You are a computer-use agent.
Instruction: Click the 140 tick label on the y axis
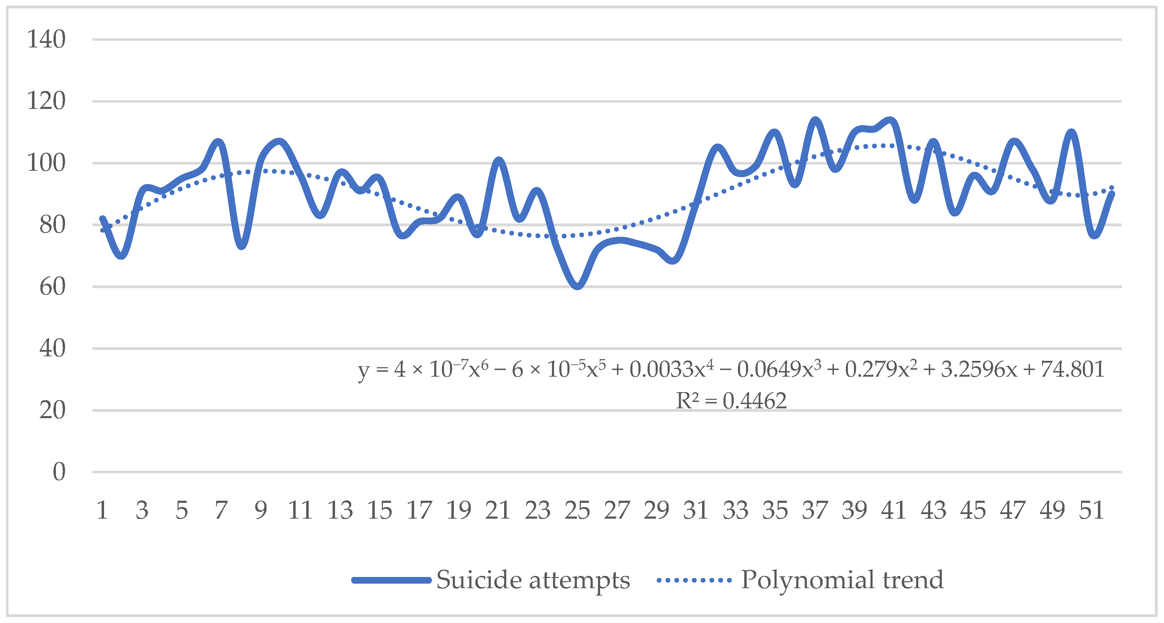pyautogui.click(x=46, y=39)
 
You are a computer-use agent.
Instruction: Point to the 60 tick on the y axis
pyautogui.click(x=52, y=287)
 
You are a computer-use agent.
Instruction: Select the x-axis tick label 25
pyautogui.click(x=577, y=511)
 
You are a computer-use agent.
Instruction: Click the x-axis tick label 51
pyautogui.click(x=1091, y=511)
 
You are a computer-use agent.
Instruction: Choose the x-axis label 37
pyautogui.click(x=815, y=511)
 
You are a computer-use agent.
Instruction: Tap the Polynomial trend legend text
pyautogui.click(x=842, y=580)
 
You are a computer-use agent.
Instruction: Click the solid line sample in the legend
pyautogui.click(x=391, y=580)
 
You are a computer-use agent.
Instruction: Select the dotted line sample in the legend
pyautogui.click(x=694, y=580)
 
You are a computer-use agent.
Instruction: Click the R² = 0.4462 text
pyautogui.click(x=731, y=401)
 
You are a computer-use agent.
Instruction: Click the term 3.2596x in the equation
pyautogui.click(x=979, y=370)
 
